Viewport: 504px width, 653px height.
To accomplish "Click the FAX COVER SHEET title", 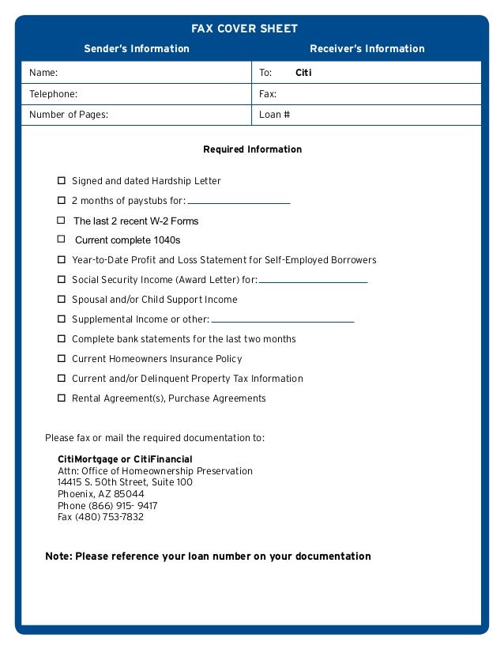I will tap(244, 29).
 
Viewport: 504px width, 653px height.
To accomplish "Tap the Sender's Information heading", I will tap(137, 49).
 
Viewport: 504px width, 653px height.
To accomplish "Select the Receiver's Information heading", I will tap(367, 49).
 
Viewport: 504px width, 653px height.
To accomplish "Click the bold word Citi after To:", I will tap(303, 73).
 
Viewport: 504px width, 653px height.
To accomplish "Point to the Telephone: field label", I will tap(53, 94).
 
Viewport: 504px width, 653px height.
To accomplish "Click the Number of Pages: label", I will tap(69, 115).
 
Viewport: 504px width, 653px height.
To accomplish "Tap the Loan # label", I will tap(275, 115).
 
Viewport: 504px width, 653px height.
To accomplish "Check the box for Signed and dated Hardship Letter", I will tap(61, 181).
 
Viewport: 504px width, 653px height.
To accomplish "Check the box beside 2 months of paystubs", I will tap(61, 201).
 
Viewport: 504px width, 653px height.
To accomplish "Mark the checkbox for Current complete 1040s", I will tap(61, 239).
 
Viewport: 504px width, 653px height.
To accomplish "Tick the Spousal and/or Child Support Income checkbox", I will tap(61, 300).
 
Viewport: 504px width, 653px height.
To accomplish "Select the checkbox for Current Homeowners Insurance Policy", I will tap(61, 359).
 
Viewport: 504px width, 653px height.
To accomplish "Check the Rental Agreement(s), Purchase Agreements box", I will tap(61, 398).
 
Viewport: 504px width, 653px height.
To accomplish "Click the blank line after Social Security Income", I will tap(313, 281).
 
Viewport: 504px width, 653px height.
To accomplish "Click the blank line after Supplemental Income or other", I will tap(282, 321).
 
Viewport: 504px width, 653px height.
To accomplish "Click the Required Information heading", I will tap(252, 149).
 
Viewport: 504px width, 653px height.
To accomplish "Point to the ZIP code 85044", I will tap(130, 494).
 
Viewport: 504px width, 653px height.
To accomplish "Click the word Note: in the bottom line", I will tap(58, 557).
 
